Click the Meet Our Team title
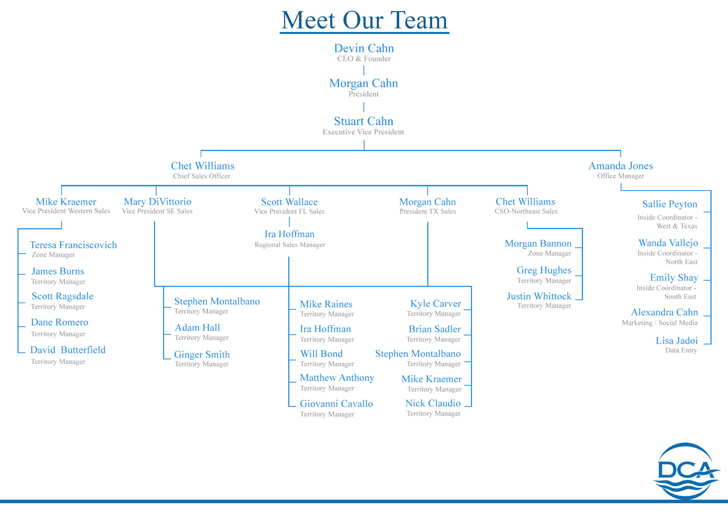pos(364,20)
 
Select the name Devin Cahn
pos(364,48)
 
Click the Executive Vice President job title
pos(363,132)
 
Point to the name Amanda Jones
pos(621,166)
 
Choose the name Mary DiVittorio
pos(157,202)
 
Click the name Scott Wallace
pos(289,202)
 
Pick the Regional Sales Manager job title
pos(290,245)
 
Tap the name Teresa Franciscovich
pos(73,245)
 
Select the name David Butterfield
pos(68,350)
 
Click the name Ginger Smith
pos(202,354)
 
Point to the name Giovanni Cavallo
pos(336,404)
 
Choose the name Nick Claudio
pos(433,403)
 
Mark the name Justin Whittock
pos(539,296)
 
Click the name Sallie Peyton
pos(670,204)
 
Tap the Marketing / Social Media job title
pos(660,323)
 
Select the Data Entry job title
pos(681,350)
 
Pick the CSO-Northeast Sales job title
pos(526,211)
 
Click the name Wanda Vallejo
pos(668,243)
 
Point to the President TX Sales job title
pos(428,211)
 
